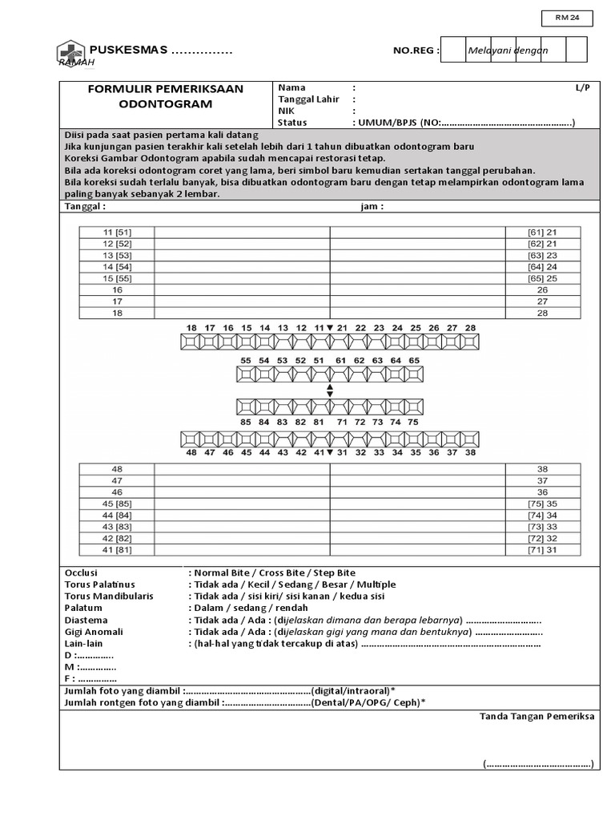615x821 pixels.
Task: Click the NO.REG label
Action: [416, 51]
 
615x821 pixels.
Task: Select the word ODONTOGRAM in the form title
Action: [166, 104]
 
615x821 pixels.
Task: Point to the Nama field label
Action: [291, 87]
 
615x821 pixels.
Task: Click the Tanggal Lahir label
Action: [309, 99]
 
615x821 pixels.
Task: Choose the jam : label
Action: [372, 206]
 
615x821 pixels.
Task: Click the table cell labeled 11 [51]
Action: [117, 233]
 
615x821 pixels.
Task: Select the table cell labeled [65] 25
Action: [542, 278]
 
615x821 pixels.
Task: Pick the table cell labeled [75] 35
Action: [542, 504]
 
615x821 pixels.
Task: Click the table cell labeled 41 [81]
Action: [117, 549]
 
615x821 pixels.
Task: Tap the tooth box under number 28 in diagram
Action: [470, 342]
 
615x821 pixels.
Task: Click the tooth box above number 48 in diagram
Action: [191, 439]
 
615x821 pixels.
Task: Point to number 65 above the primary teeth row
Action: [414, 361]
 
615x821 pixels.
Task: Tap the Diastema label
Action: [86, 620]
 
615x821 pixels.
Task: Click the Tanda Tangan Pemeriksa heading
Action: [537, 716]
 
